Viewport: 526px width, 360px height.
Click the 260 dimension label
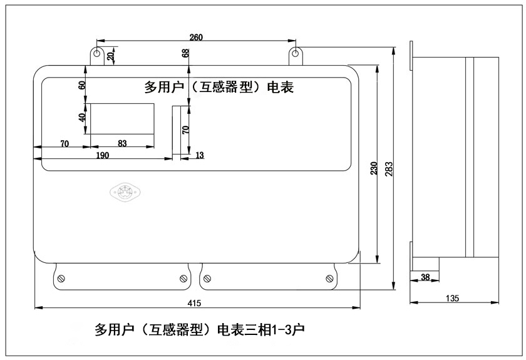point(196,37)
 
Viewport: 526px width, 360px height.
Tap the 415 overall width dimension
point(194,303)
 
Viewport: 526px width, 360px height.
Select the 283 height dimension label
point(388,169)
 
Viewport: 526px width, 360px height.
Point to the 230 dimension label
point(374,168)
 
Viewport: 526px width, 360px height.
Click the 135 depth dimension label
point(452,298)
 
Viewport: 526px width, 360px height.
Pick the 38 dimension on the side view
point(425,277)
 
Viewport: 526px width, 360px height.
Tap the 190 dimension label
point(102,155)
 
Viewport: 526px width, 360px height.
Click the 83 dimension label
point(122,143)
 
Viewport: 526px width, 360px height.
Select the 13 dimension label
point(199,155)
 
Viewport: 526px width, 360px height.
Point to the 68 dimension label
point(185,53)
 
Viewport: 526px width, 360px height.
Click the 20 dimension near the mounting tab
point(110,56)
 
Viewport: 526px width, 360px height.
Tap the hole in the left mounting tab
point(96,53)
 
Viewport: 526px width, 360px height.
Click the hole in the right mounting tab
point(295,53)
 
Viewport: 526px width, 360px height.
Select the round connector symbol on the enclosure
point(125,193)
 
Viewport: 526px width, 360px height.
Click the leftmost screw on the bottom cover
point(61,279)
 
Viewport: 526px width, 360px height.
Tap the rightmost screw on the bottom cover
point(329,278)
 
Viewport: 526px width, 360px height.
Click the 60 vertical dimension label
point(81,85)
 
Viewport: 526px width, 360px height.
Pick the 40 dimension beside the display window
point(81,117)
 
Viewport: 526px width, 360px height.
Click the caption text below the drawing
point(199,329)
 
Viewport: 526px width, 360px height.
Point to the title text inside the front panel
point(219,87)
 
